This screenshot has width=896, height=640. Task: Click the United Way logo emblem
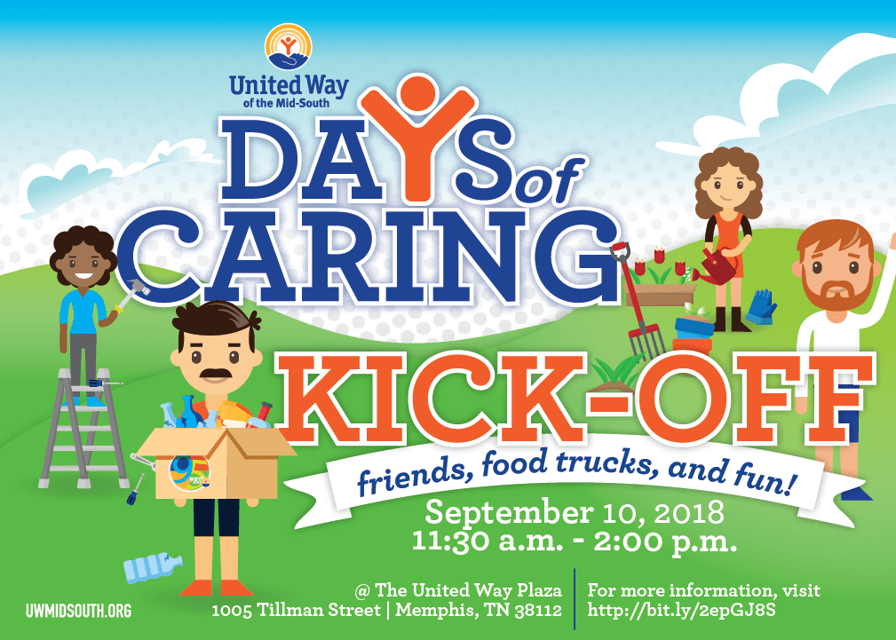pyautogui.click(x=289, y=47)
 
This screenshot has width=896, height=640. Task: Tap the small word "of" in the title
pyautogui.click(x=549, y=182)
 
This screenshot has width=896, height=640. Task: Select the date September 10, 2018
pyautogui.click(x=575, y=512)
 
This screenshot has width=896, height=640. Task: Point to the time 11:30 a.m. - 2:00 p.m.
pyautogui.click(x=575, y=541)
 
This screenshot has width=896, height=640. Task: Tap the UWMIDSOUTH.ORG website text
pyautogui.click(x=78, y=611)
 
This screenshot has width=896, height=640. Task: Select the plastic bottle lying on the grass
pyautogui.click(x=153, y=567)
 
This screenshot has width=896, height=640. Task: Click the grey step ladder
pyautogui.click(x=83, y=429)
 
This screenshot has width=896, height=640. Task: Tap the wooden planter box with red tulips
pyautogui.click(x=660, y=294)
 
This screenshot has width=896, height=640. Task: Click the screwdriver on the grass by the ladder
pyautogui.click(x=136, y=490)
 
